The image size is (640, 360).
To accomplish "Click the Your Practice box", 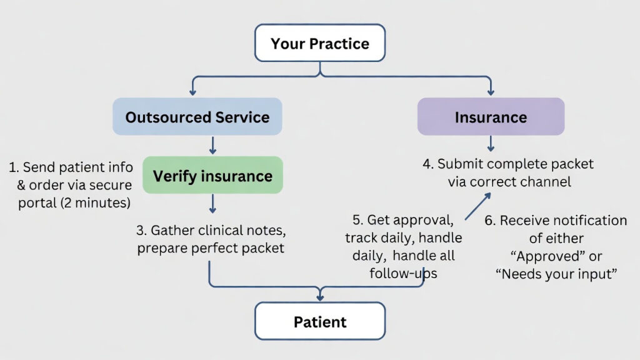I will (x=320, y=43).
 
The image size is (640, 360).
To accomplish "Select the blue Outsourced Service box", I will (x=197, y=117).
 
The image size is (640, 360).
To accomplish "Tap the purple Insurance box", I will (x=491, y=117).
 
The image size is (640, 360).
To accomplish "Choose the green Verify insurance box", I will (x=212, y=175).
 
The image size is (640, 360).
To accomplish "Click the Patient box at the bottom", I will (x=320, y=321).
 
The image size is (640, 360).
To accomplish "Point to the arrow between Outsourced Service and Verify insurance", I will (x=212, y=146).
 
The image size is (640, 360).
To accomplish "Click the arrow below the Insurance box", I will (x=491, y=144).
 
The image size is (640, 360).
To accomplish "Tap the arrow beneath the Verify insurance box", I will (x=212, y=204).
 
